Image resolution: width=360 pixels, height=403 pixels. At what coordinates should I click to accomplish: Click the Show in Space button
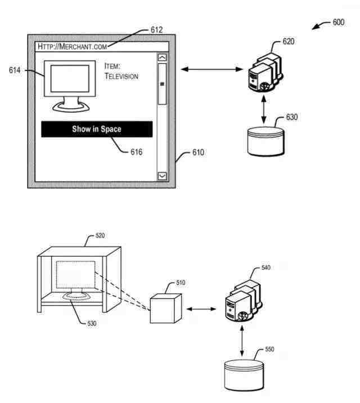pos(97,129)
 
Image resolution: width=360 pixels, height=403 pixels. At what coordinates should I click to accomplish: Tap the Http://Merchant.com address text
pos(73,47)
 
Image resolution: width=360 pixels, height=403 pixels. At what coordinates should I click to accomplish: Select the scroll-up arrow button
pos(162,57)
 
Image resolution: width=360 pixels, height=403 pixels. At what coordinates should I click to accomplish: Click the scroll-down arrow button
pos(162,176)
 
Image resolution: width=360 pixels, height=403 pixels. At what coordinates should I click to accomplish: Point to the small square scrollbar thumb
pos(162,84)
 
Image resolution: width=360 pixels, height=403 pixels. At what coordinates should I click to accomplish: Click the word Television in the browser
pos(121,77)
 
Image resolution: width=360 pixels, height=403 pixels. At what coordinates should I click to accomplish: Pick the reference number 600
pos(339,23)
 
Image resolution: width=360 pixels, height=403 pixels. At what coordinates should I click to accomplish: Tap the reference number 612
pos(156,30)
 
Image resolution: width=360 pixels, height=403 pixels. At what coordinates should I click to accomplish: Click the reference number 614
pos(15,70)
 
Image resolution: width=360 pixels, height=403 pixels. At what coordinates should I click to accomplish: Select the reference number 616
pos(136,152)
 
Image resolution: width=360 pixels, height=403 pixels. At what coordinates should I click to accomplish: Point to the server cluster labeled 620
pos(265,73)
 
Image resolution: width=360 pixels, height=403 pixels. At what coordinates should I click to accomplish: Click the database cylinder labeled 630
pos(265,141)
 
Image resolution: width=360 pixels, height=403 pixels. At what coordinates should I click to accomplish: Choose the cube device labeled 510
pos(166,308)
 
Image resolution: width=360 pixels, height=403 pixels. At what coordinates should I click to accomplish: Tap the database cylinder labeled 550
pos(244,375)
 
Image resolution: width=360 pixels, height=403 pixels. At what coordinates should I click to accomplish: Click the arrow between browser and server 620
pos(212,69)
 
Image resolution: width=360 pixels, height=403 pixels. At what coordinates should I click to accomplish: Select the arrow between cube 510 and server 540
pos(201,308)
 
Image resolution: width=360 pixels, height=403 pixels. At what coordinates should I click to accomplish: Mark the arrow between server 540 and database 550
pos(242,341)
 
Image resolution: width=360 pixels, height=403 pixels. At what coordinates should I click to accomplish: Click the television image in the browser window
pos(70,86)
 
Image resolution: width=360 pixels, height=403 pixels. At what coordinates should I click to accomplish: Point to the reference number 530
pos(92,323)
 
